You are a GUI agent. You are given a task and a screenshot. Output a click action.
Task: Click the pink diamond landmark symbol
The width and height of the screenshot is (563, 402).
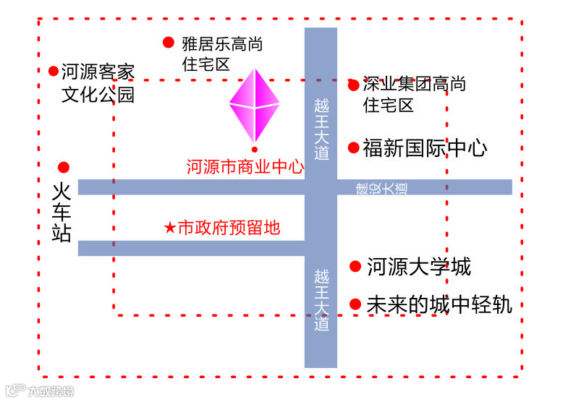point(255,106)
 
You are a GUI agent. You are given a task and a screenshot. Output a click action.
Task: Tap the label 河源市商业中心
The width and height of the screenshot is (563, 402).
point(245,168)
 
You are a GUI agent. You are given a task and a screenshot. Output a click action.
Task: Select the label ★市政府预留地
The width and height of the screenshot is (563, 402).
point(222,228)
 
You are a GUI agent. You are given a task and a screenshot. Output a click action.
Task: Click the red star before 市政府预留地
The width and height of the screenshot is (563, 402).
point(169,228)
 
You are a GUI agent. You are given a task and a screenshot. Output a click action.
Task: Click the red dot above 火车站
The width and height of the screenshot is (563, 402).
point(64,167)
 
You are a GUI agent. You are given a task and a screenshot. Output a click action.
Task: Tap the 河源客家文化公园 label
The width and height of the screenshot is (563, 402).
point(98,83)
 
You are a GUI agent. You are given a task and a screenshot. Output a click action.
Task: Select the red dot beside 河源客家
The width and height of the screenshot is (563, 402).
point(54,71)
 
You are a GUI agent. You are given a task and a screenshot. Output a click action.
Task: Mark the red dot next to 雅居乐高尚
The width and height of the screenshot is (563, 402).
point(169,43)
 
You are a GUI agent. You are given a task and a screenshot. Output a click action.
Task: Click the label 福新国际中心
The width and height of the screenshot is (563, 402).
point(425,148)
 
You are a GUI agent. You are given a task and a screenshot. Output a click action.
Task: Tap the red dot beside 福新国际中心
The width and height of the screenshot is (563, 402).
point(354,148)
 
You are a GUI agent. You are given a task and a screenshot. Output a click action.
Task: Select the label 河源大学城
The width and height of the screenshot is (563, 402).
point(419,266)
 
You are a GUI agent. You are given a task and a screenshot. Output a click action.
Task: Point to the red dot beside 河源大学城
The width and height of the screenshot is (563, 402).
point(355,266)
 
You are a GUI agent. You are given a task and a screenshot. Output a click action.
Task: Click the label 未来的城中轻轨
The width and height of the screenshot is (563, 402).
point(439,304)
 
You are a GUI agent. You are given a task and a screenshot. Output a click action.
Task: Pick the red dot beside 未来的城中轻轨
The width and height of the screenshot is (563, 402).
point(355,304)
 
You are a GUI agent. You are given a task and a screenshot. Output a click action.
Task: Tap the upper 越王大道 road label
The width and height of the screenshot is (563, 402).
point(321,129)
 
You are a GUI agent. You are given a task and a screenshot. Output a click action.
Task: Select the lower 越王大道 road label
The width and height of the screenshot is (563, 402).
point(321,300)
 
